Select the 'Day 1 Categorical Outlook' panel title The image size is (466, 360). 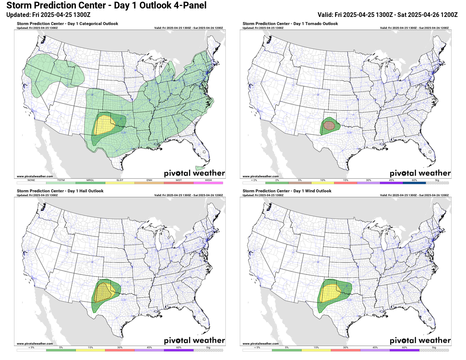point(67,24)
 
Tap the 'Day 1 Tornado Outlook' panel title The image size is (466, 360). point(290,24)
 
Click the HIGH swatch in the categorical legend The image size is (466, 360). point(208,183)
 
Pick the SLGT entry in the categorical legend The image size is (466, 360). point(120,183)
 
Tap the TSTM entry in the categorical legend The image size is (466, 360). point(61,183)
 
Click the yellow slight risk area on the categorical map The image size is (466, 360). point(104,124)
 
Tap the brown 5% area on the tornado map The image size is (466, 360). point(329,125)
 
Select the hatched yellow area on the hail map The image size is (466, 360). point(103,292)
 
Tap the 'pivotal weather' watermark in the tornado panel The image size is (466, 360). point(420,173)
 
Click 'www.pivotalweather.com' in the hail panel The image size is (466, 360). point(35,343)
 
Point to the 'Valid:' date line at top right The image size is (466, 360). point(388,14)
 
